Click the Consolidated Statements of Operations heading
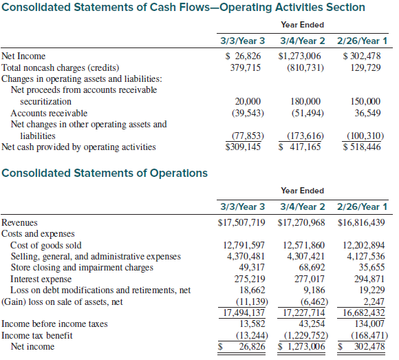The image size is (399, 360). tap(105, 173)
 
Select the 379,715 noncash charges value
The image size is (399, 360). tap(246, 67)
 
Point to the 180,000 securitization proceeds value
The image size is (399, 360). tap(305, 101)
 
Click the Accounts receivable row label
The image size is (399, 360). tap(49, 113)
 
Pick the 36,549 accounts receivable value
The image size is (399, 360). tap(368, 113)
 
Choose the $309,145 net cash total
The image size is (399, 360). tap(243, 147)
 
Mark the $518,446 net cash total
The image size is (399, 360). tap(362, 147)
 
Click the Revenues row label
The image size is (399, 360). tap(19, 222)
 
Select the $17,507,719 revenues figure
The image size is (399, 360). tap(241, 222)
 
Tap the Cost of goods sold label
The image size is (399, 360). tap(46, 245)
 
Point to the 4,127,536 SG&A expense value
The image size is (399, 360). tap(366, 256)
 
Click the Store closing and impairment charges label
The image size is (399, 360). tap(82, 268)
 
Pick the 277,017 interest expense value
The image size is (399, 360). tap(310, 279)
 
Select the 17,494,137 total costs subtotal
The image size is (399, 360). tap(244, 313)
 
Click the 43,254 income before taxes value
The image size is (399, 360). tap(312, 324)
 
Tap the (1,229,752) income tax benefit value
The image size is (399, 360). tap(306, 335)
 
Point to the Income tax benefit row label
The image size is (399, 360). tap(37, 335)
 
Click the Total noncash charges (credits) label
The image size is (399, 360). tap(61, 67)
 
